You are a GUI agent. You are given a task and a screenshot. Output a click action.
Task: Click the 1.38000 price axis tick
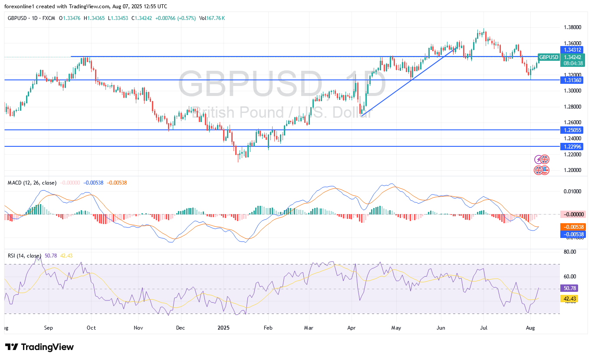coord(572,27)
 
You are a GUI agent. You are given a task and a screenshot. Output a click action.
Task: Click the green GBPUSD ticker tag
coord(549,57)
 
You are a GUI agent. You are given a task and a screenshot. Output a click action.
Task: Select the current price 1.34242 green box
coord(572,57)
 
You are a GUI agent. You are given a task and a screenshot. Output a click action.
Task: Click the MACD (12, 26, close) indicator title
coord(32,183)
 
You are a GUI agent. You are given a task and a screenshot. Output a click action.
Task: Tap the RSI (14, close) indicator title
coord(25,256)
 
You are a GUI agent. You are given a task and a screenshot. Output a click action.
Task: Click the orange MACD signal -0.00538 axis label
coord(573,227)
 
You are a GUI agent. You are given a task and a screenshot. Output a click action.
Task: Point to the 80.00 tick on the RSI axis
coord(570,251)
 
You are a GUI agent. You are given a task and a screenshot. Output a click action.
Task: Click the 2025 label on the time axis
coord(223,328)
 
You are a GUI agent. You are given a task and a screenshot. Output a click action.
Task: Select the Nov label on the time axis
coord(138,328)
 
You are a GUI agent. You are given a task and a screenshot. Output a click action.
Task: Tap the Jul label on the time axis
coord(483,328)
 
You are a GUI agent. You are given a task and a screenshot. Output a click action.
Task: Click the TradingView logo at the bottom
coord(40,347)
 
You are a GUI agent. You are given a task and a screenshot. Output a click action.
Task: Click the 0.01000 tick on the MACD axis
coord(572,192)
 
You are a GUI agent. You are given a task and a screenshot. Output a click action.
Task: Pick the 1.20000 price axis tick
coord(572,170)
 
